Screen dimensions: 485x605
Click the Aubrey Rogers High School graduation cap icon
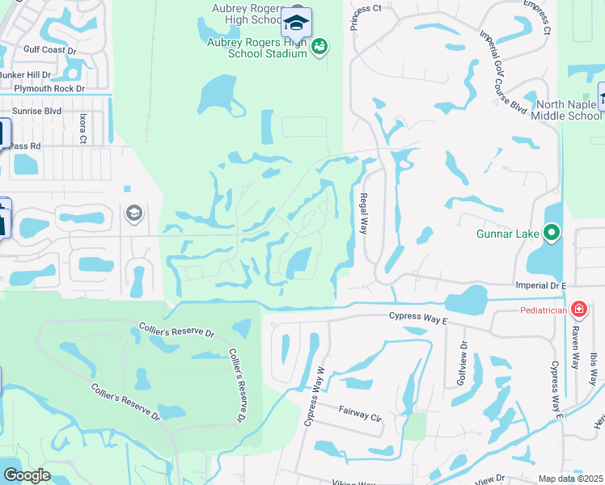click(296, 23)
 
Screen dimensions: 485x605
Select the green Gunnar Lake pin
click(552, 234)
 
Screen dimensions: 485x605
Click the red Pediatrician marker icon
click(578, 309)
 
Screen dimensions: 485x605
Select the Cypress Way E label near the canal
click(417, 319)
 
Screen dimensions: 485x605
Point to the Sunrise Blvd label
click(36, 111)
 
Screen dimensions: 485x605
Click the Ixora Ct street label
click(82, 128)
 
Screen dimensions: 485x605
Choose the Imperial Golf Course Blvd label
click(503, 72)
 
